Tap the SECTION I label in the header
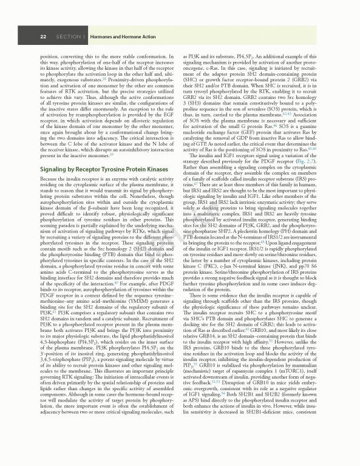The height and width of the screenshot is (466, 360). [x=70, y=37]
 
